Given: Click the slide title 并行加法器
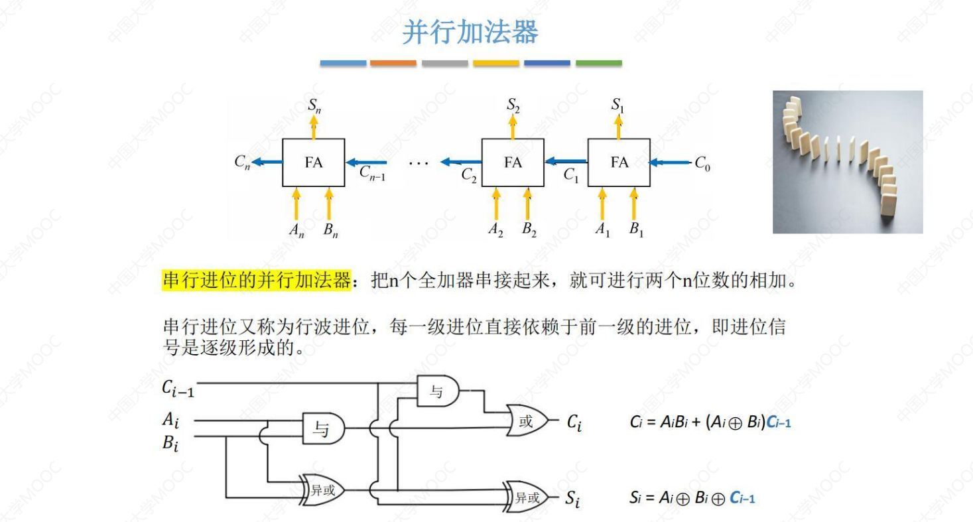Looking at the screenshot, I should click(470, 32).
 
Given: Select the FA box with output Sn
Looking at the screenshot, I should click(313, 163).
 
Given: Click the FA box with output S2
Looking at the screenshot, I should click(513, 163).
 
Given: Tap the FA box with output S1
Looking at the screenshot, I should click(619, 163).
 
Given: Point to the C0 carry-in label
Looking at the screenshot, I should click(702, 164).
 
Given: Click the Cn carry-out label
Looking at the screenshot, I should click(243, 163).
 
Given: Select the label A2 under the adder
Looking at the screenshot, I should click(495, 230).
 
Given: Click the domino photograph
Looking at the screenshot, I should click(847, 162).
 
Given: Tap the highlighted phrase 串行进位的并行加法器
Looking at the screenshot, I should click(256, 281).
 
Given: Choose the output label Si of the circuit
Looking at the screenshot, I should click(572, 499).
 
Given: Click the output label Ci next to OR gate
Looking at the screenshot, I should click(574, 422).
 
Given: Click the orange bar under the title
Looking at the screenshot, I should click(393, 63).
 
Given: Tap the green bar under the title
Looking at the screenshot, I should click(598, 63).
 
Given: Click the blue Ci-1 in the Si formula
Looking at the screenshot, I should click(742, 497).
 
